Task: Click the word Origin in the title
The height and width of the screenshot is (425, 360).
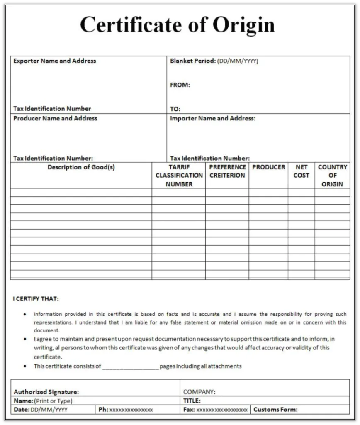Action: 243,24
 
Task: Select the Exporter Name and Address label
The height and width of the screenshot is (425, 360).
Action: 54,61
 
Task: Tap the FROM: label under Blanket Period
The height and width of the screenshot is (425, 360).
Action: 180,85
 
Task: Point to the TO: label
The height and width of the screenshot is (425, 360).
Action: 175,109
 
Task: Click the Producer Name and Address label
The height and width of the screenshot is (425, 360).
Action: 55,118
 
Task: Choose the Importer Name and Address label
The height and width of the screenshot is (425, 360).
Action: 212,118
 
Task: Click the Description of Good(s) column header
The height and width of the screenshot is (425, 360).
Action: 81,167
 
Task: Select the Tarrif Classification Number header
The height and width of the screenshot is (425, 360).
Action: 179,176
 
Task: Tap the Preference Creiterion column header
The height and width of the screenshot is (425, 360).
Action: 227,171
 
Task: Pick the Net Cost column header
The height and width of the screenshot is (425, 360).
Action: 302,171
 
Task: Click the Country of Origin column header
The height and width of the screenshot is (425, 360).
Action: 332,176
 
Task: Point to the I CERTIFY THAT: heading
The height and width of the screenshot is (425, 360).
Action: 36,299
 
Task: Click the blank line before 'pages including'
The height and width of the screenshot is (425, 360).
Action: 130,366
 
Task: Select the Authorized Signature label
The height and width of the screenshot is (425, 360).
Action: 46,392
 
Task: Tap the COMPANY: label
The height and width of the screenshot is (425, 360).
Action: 199,392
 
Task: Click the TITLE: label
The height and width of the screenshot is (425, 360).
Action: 192,401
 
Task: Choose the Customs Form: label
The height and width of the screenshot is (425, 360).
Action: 275,410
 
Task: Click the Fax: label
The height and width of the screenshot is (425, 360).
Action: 189,410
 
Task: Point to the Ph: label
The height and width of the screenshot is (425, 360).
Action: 103,410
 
